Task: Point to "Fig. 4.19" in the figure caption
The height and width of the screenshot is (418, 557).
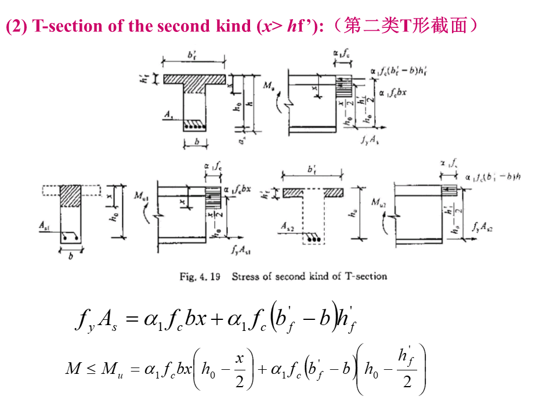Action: point(200,276)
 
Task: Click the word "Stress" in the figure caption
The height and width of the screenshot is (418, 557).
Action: point(245,276)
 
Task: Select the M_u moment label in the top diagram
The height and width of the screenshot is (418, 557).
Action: point(269,86)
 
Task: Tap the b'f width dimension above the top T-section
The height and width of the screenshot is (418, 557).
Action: point(193,54)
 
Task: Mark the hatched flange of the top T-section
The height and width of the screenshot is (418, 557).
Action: point(194,78)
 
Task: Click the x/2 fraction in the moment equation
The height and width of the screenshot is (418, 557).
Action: point(238,369)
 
